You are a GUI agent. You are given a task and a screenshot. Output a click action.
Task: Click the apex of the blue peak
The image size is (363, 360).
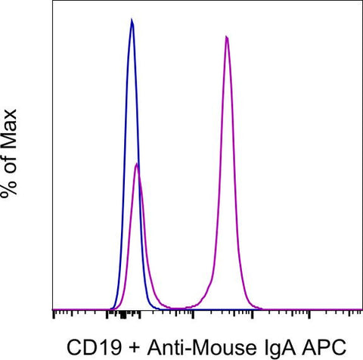(132, 20)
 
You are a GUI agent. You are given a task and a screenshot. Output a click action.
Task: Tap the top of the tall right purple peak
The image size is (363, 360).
(227, 36)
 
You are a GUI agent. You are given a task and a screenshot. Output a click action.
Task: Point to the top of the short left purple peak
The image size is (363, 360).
(136, 164)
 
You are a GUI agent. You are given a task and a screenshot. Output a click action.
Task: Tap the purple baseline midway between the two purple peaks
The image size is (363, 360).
(181, 308)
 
